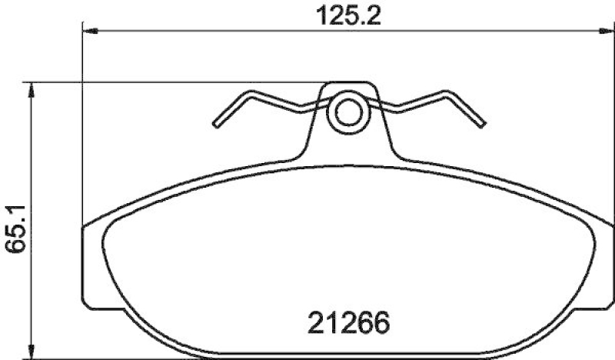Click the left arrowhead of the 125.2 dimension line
pos(88,30)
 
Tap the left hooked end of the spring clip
pos(218,123)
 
